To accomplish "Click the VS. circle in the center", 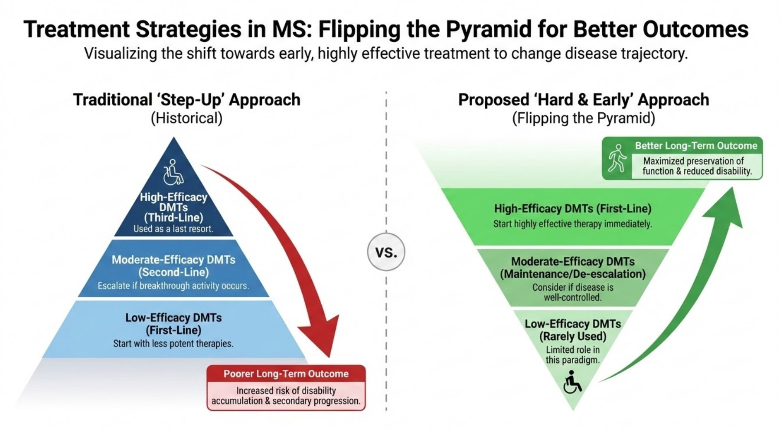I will pyautogui.click(x=386, y=252).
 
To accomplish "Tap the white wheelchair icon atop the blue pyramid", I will pyautogui.click(x=173, y=172).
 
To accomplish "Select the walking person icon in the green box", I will pyautogui.click(x=617, y=158).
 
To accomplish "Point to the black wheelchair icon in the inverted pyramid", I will pyautogui.click(x=572, y=382).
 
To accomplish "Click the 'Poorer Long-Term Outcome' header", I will pyautogui.click(x=286, y=374).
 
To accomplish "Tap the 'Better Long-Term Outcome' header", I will pyautogui.click(x=696, y=146).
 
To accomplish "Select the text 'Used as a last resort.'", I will pyautogui.click(x=173, y=229).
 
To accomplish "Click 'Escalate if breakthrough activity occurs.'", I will pyautogui.click(x=173, y=286).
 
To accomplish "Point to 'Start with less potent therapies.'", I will pyautogui.click(x=173, y=343).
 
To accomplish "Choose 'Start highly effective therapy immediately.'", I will pyautogui.click(x=572, y=224).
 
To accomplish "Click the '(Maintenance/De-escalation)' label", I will pyautogui.click(x=572, y=274).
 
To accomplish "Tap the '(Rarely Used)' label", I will pyautogui.click(x=572, y=336).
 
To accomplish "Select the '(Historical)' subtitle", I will pyautogui.click(x=186, y=118).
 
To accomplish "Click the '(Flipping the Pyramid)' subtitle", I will pyautogui.click(x=583, y=118).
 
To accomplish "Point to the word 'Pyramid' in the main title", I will pyautogui.click(x=488, y=30).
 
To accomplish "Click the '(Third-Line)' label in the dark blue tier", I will pyautogui.click(x=173, y=217).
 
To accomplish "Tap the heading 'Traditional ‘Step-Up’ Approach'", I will pyautogui.click(x=186, y=100).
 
